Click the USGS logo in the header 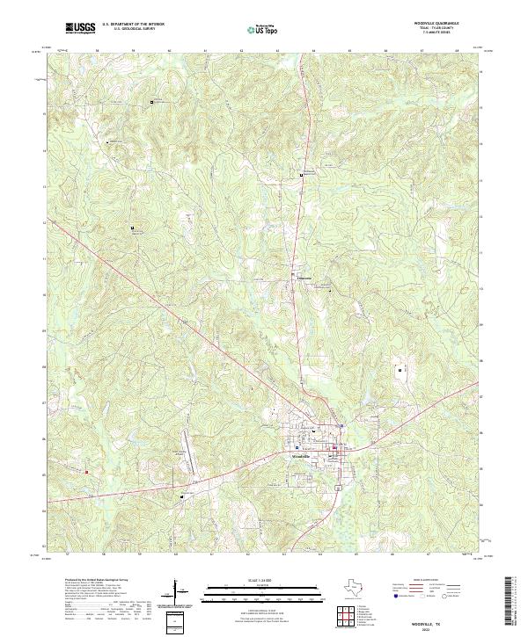80,28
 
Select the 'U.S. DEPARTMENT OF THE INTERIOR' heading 133,25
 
